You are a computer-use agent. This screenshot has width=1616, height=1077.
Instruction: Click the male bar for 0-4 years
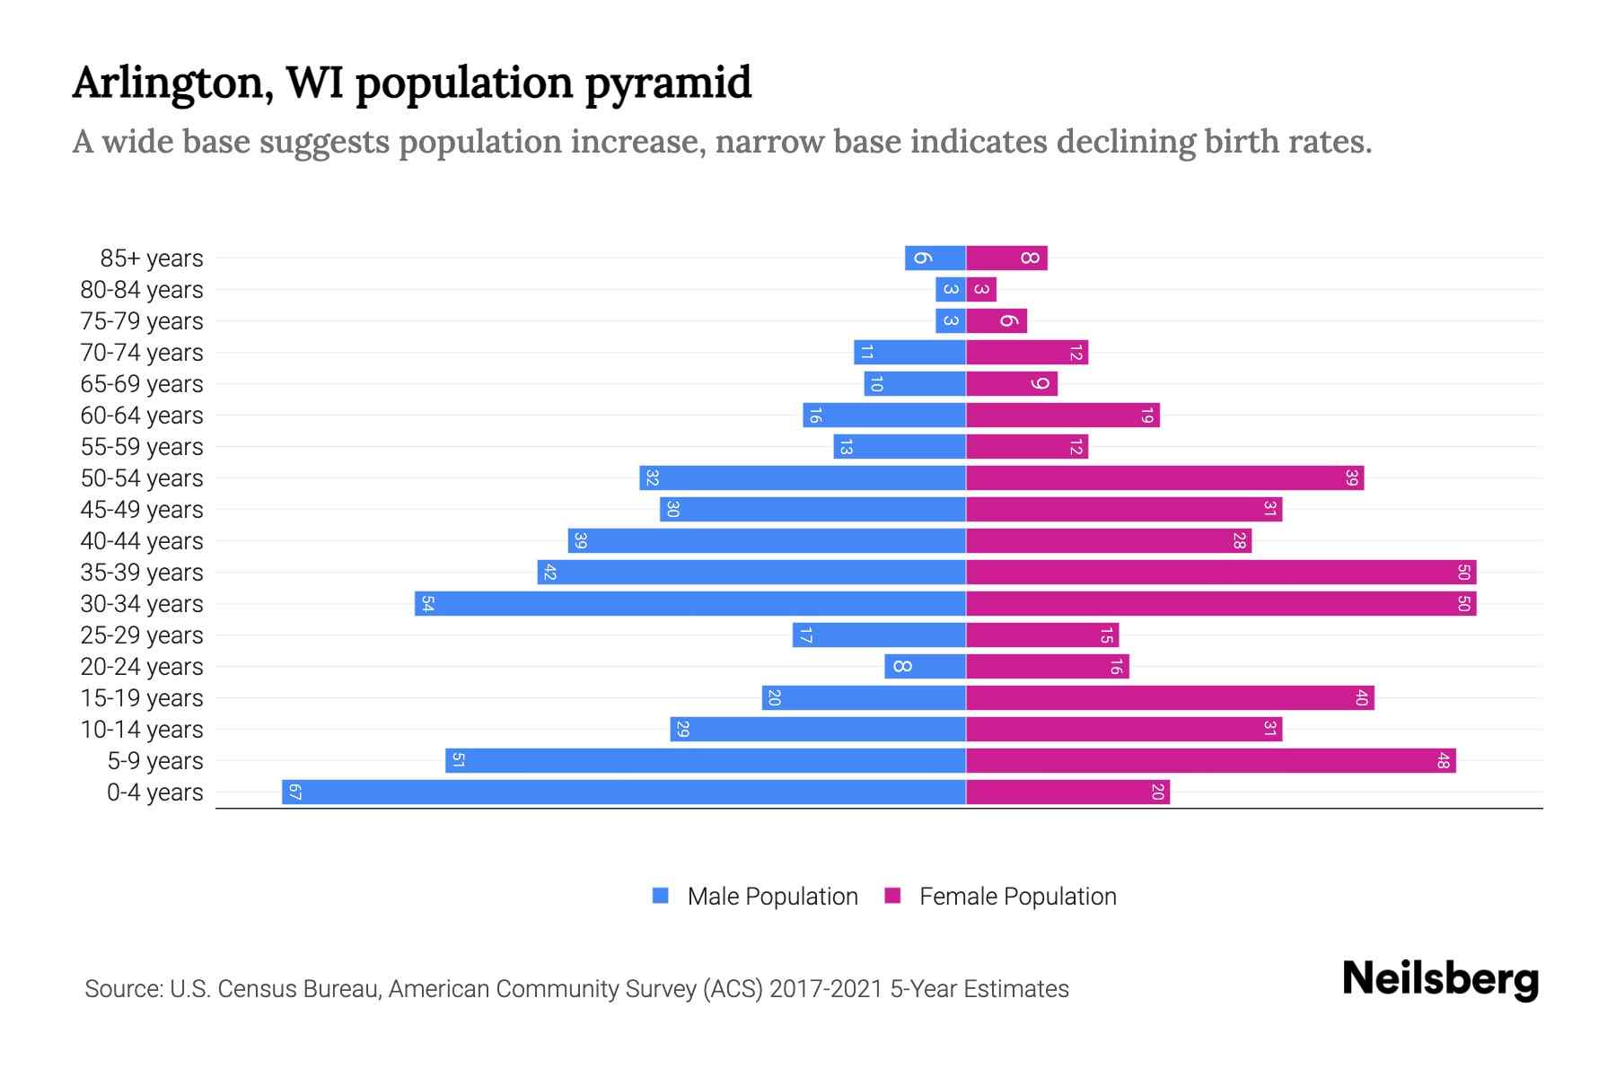click(x=624, y=792)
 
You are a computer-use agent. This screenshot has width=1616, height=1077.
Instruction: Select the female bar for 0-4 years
click(x=1067, y=792)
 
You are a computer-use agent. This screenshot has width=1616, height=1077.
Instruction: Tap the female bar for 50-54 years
click(x=1164, y=477)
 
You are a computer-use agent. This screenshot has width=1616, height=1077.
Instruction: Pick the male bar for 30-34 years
click(x=689, y=603)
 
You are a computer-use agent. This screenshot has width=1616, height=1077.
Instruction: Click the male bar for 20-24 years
click(x=925, y=666)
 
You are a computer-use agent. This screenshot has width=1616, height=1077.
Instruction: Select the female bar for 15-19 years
click(x=1170, y=697)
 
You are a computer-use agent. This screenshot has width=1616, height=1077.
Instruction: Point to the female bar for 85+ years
click(x=1006, y=258)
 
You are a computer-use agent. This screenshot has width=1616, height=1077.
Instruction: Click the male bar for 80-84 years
click(x=950, y=289)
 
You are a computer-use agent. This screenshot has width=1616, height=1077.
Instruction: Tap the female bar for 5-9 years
click(x=1210, y=760)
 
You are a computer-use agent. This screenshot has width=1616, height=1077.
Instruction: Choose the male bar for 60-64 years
click(x=884, y=415)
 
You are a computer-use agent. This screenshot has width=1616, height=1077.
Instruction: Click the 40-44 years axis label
click(x=142, y=541)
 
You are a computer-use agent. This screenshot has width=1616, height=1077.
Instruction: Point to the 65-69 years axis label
click(x=142, y=384)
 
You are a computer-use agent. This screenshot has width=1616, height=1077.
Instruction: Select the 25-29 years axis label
click(x=142, y=635)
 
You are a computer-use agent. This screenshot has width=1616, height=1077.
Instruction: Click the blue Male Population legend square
click(x=661, y=896)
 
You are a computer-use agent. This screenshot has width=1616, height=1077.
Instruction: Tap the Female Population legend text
click(x=1017, y=896)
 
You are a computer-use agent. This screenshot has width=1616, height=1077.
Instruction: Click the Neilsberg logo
click(x=1440, y=979)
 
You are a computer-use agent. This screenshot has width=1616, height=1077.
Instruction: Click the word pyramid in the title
click(x=668, y=83)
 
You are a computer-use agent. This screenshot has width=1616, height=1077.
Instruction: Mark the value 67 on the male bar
click(x=294, y=792)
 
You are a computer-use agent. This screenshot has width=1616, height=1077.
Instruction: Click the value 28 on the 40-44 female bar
click(x=1239, y=540)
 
